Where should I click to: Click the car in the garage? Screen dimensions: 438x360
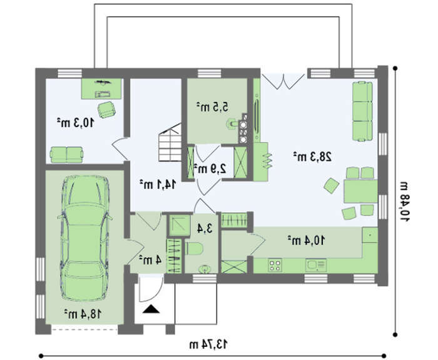[84, 237]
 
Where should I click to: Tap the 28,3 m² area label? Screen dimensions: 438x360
[312, 157]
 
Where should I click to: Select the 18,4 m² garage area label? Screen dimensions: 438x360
[83, 314]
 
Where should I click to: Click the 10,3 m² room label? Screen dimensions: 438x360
[76, 123]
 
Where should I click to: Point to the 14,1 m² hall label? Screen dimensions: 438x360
[158, 184]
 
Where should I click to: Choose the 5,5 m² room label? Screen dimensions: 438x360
[212, 107]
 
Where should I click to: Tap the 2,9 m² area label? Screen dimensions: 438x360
[210, 168]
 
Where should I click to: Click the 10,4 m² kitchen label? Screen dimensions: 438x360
[307, 240]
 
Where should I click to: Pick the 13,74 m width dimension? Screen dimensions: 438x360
[208, 344]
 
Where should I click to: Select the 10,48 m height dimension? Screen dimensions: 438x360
[404, 201]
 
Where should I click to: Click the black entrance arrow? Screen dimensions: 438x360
[151, 309]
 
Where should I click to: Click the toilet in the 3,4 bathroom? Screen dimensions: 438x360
[193, 249]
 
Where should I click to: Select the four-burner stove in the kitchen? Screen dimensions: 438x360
[275, 265]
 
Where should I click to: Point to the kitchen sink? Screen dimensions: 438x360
[316, 265]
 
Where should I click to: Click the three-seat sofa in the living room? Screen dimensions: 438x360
[362, 111]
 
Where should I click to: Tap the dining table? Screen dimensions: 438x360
[360, 191]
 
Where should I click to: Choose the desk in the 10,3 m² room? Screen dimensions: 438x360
[101, 89]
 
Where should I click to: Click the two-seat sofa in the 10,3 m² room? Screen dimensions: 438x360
[66, 155]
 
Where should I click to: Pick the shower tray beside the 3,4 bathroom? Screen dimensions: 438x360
[180, 225]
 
